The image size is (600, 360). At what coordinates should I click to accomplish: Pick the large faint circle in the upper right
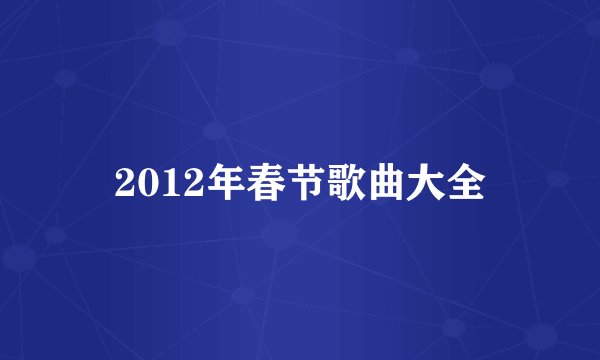click(497, 75)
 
